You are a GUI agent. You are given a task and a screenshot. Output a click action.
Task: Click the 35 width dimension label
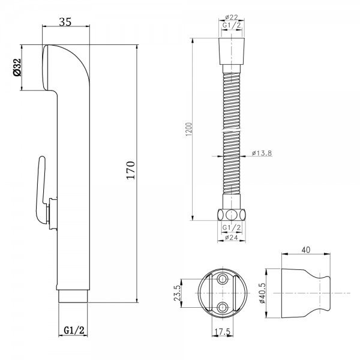click(65, 22)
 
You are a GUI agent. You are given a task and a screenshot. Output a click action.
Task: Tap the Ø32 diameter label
click(17, 67)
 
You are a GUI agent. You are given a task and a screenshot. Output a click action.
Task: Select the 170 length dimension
click(131, 170)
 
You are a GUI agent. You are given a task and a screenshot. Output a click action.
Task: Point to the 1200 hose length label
click(188, 129)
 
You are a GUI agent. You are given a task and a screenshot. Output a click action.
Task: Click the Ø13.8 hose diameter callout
click(262, 153)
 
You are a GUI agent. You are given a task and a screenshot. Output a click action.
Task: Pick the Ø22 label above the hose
click(232, 17)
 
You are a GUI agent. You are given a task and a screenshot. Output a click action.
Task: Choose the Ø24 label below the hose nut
click(232, 238)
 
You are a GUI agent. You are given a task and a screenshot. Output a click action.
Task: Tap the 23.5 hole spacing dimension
click(177, 293)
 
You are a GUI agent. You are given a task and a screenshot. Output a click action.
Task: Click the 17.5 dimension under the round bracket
click(222, 332)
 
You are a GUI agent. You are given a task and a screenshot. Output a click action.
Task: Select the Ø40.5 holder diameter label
click(262, 293)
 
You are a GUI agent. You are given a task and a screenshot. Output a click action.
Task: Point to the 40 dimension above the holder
click(306, 250)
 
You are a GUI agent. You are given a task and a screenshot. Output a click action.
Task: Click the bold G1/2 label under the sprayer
click(74, 331)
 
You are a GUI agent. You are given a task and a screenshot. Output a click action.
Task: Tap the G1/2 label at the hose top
click(232, 25)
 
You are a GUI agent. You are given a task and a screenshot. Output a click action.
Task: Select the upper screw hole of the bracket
click(223, 279)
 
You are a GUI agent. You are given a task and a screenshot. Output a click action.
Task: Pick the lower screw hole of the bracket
click(223, 307)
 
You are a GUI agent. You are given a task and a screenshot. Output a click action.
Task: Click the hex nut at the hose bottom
click(232, 215)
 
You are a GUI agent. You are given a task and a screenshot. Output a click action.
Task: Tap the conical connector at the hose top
click(232, 52)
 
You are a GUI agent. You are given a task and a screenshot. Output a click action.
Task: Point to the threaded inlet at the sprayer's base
click(73, 296)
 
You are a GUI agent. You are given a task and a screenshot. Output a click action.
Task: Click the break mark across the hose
click(232, 130)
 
